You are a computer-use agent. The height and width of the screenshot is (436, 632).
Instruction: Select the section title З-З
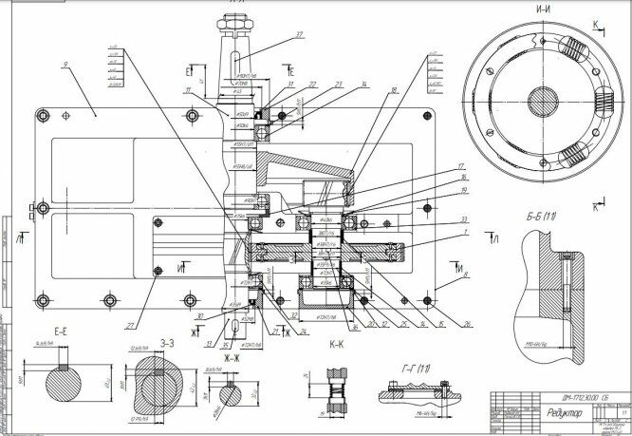point(167,342)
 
